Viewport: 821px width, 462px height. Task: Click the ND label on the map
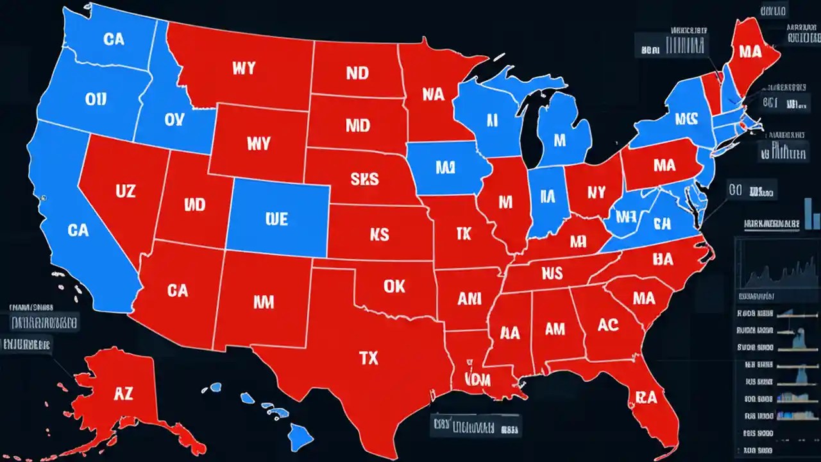click(x=357, y=73)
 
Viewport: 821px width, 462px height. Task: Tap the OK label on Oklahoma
click(x=394, y=286)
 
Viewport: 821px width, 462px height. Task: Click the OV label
click(x=174, y=120)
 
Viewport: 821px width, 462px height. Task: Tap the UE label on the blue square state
click(x=276, y=219)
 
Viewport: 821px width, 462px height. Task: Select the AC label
click(x=607, y=325)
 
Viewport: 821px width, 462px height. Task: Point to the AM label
click(x=555, y=329)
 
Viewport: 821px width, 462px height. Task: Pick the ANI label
click(x=470, y=298)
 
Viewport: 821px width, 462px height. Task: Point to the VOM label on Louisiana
click(x=480, y=379)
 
